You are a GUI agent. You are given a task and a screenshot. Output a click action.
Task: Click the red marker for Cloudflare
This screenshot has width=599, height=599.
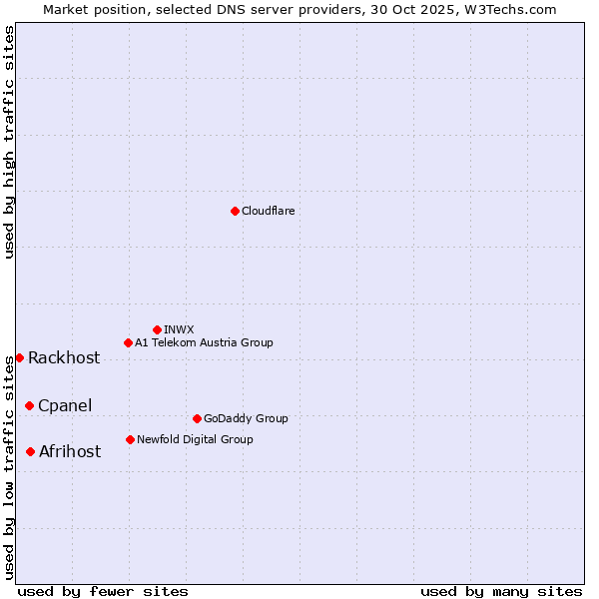[x=235, y=211]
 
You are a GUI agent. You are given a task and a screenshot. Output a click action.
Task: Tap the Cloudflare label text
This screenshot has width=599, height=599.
[x=268, y=211]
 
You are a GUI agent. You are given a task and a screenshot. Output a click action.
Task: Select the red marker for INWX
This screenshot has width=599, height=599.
[x=157, y=329]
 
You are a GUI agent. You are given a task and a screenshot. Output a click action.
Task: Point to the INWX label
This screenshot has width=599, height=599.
[x=179, y=329]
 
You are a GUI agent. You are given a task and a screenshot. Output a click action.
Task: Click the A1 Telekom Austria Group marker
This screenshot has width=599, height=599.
[x=128, y=342]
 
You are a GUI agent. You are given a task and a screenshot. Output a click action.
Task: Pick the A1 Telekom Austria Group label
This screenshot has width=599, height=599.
[x=204, y=342]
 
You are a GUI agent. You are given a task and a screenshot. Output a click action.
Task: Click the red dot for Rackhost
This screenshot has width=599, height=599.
[x=19, y=357]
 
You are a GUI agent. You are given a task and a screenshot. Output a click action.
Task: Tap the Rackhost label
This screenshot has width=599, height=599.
[x=64, y=358]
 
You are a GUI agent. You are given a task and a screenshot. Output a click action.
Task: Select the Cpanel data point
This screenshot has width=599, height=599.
[x=29, y=405]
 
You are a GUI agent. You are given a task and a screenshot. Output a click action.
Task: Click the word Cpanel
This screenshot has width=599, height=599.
[x=65, y=405]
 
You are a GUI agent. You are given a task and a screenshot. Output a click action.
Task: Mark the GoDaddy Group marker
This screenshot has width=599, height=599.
[x=197, y=418]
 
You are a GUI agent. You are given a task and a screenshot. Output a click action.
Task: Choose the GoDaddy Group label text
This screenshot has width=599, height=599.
[x=246, y=418]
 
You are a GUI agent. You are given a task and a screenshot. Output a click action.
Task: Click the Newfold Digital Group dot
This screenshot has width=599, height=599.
[x=130, y=439]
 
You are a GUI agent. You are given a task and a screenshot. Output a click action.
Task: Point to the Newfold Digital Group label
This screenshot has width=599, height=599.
[x=195, y=439]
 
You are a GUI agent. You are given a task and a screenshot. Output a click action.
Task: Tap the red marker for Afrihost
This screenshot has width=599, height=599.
[x=30, y=451]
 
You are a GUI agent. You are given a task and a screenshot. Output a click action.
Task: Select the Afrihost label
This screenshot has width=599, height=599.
[x=70, y=451]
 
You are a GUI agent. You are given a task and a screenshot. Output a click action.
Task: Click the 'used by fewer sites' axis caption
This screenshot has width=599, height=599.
[x=103, y=591]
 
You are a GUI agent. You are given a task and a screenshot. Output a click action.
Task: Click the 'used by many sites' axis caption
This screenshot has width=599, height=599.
[x=501, y=591]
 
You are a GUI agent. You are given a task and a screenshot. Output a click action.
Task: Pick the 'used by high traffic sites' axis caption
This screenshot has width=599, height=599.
[x=9, y=142]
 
